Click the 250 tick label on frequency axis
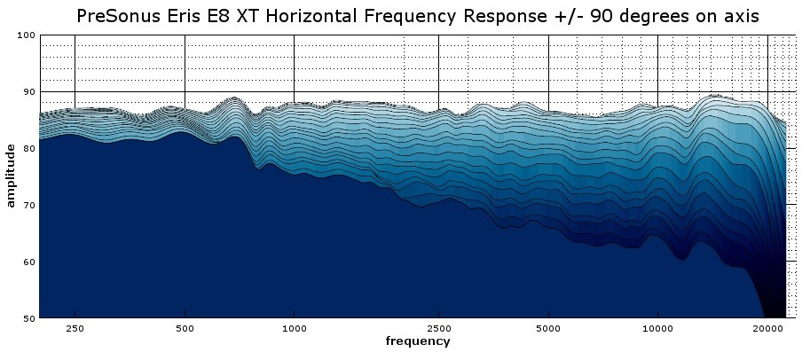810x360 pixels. tap(75, 328)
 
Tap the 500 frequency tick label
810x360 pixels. tap(184, 328)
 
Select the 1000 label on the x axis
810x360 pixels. tap(294, 328)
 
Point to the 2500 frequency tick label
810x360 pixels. tap(438, 328)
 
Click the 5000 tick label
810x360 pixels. tap(548, 328)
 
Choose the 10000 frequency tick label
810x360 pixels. tap(657, 328)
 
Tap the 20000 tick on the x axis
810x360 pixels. tap(767, 328)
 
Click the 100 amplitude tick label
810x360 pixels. tap(25, 35)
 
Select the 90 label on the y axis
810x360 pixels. tap(28, 92)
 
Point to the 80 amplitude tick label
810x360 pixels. tap(28, 149)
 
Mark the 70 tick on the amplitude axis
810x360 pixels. tap(28, 205)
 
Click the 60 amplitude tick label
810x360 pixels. tap(28, 262)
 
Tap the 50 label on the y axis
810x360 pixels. tap(28, 317)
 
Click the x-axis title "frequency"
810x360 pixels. tap(417, 341)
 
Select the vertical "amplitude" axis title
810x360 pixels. tap(11, 176)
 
